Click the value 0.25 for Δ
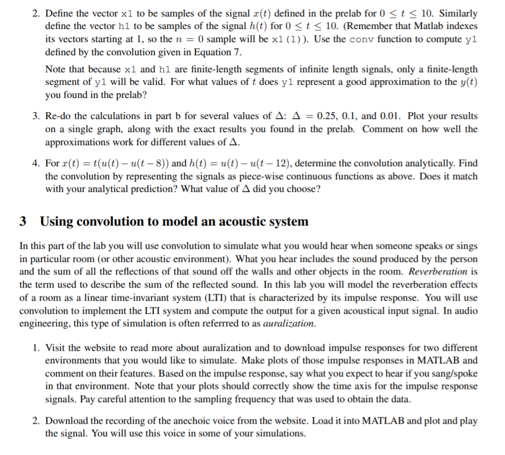pyautogui.click(x=316, y=116)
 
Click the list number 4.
pyautogui.click(x=35, y=163)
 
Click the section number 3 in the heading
pyautogui.click(x=23, y=222)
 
